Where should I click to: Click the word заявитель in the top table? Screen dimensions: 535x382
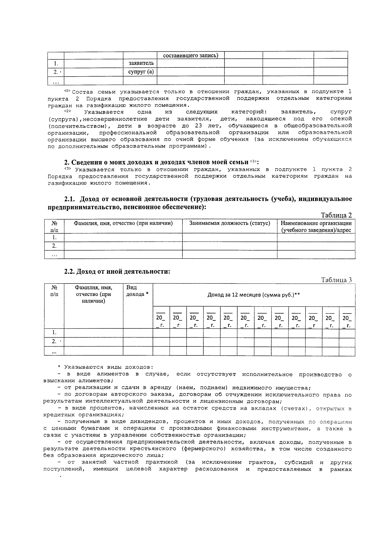[x=141, y=63]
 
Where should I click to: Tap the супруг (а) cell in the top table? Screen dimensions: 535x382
[x=141, y=72]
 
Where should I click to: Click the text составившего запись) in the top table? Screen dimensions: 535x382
[x=190, y=55]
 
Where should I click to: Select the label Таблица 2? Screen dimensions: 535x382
[x=336, y=215]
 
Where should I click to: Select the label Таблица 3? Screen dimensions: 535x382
[x=336, y=280]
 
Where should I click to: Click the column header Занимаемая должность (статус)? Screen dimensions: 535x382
[x=230, y=223]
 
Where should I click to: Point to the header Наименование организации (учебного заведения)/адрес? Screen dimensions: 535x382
[x=316, y=226]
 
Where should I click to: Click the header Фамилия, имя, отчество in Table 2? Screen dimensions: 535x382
[x=123, y=223]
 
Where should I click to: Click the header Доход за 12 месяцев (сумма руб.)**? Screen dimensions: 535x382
[x=254, y=295]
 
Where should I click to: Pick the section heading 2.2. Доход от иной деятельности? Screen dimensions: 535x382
[x=117, y=271]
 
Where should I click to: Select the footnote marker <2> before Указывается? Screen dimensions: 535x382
[x=67, y=111]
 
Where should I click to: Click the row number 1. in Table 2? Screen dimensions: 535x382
[x=54, y=237]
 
